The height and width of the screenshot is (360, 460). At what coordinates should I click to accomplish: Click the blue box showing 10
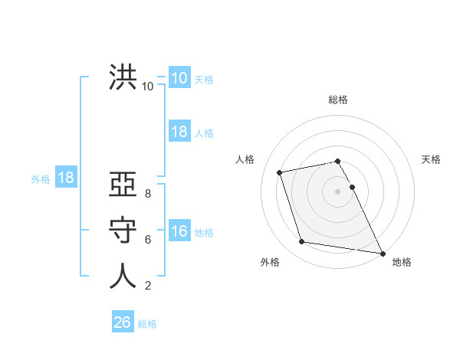pyautogui.click(x=179, y=78)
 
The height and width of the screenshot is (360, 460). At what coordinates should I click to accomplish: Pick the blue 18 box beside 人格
pyautogui.click(x=179, y=132)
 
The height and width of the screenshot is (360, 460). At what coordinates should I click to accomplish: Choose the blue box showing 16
pyautogui.click(x=179, y=231)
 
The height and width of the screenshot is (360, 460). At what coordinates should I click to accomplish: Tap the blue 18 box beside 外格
pyautogui.click(x=65, y=178)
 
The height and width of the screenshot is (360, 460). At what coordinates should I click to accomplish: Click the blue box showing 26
pyautogui.click(x=123, y=322)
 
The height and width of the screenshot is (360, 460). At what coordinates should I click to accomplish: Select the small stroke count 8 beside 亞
pyautogui.click(x=148, y=194)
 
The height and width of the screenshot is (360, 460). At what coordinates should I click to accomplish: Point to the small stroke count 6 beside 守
pyautogui.click(x=148, y=240)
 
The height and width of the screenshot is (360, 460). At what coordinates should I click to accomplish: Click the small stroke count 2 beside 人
pyautogui.click(x=148, y=286)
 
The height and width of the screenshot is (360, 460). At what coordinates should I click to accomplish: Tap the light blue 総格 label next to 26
pyautogui.click(x=147, y=324)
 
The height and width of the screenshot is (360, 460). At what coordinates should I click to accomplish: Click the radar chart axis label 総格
pyautogui.click(x=338, y=100)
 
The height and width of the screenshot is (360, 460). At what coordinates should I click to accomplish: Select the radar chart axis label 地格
pyautogui.click(x=402, y=262)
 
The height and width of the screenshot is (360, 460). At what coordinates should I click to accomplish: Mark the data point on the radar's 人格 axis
pyautogui.click(x=280, y=172)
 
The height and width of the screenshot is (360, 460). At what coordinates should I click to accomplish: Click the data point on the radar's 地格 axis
pyautogui.click(x=382, y=253)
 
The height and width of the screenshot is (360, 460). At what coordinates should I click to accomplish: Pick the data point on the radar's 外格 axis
pyautogui.click(x=302, y=242)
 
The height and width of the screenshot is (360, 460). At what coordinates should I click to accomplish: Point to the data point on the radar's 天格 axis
pyautogui.click(x=352, y=187)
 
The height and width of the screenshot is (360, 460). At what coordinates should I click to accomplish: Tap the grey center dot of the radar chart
pyautogui.click(x=338, y=191)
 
